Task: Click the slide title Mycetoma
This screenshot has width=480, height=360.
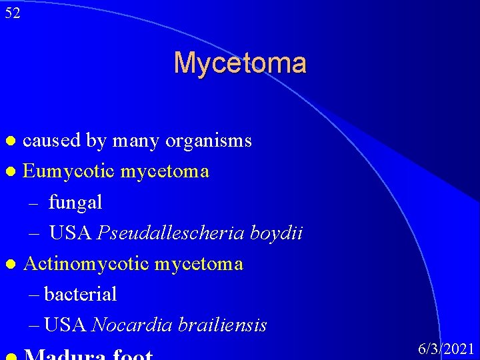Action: tap(240, 63)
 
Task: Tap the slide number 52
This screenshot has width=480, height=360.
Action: tap(12, 13)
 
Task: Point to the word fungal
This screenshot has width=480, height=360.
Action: tap(75, 202)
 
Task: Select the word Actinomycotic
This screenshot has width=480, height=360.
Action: tap(87, 263)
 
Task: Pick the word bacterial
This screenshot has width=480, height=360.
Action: tap(80, 294)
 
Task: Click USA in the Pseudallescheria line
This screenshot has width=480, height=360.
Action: tap(71, 233)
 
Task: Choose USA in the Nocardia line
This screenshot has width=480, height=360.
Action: tap(65, 325)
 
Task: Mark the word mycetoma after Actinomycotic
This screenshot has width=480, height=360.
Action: tap(199, 263)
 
